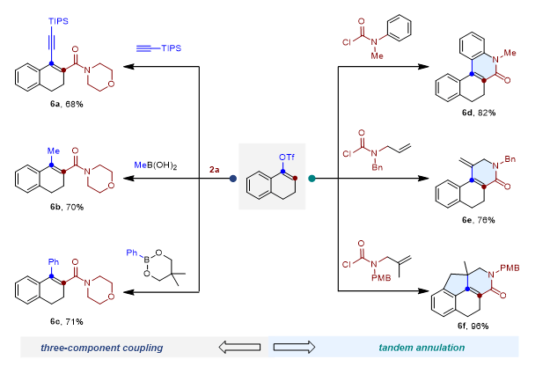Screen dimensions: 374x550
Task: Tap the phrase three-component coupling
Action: pos(102,348)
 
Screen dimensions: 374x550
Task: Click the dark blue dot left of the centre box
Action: pos(232,179)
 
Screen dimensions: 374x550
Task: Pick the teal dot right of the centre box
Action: pos(312,179)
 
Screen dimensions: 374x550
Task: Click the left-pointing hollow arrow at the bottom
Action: pos(238,348)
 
